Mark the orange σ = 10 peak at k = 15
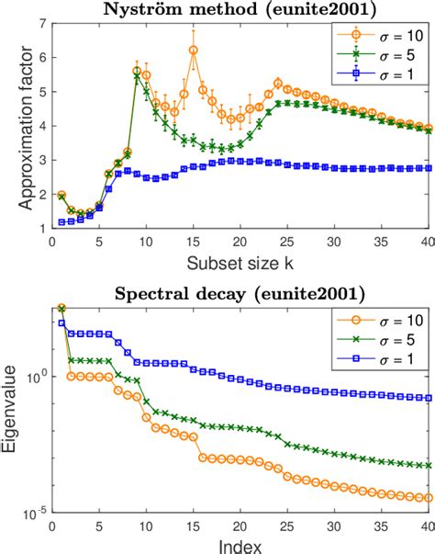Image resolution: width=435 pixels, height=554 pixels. [193, 51]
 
